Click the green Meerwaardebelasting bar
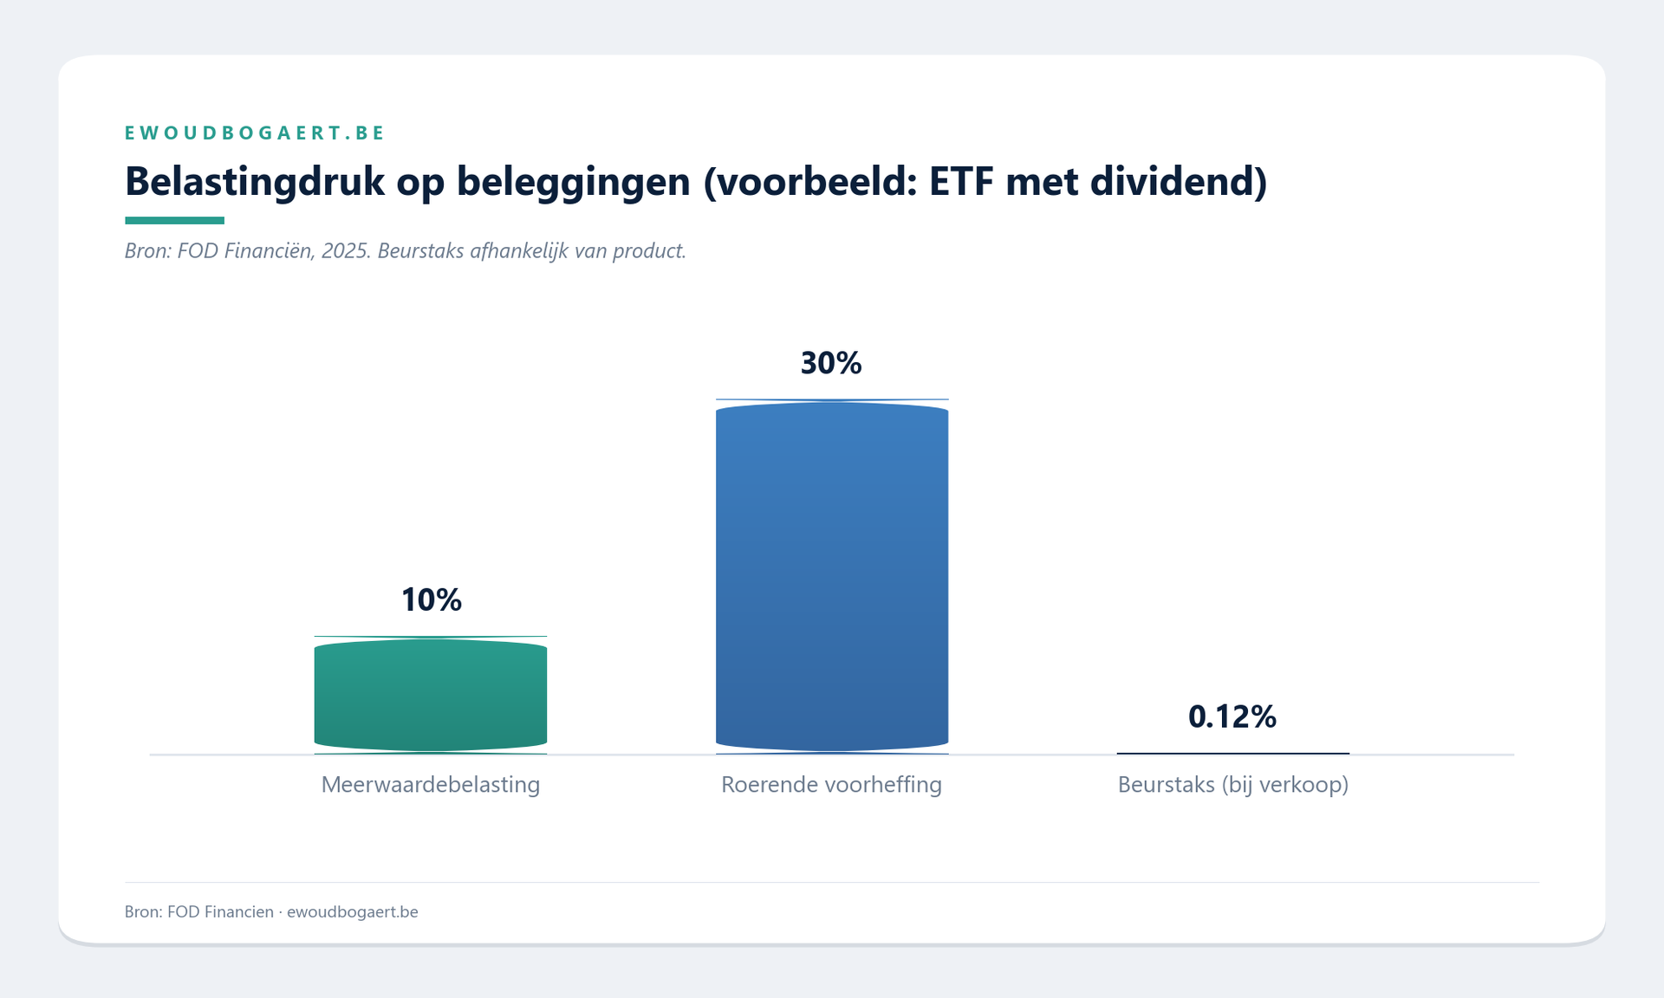coord(431,695)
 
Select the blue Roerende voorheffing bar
coord(832,576)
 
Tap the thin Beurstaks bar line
coord(1232,754)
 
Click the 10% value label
coord(431,599)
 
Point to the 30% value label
coord(831,363)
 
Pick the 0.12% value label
coord(1232,716)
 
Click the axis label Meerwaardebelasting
coord(431,785)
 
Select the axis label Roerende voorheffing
coord(831,785)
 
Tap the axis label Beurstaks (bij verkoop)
coord(1232,785)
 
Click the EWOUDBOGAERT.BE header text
coord(255,133)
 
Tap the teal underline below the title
coord(174,220)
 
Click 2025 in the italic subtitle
coord(345,251)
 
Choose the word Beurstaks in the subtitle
coord(420,251)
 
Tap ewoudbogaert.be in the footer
coord(352,911)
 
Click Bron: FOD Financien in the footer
coord(198,911)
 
